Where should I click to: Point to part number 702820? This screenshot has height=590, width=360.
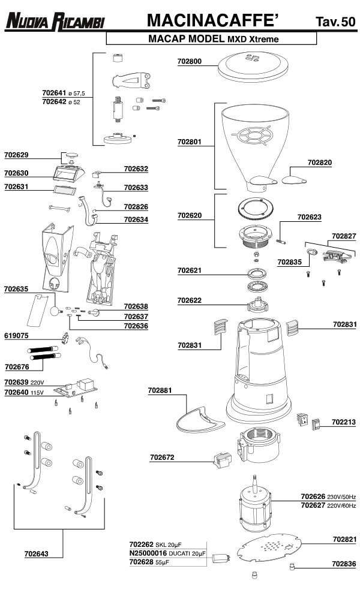click(x=320, y=162)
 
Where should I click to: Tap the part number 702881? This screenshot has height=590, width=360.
click(x=160, y=390)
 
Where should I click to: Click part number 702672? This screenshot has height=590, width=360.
click(x=161, y=457)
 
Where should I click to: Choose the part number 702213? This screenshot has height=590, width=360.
click(x=344, y=422)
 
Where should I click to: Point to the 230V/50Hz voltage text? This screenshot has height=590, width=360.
click(x=341, y=497)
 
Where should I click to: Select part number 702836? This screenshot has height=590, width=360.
click(x=344, y=564)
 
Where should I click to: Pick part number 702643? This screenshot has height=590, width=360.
click(x=37, y=554)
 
